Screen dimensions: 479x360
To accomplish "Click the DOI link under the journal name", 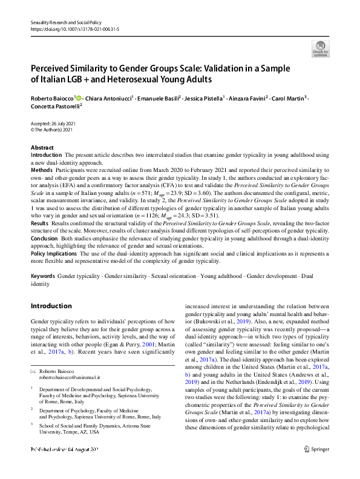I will click(x=70, y=29).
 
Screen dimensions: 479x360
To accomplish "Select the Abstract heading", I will click(x=42, y=148).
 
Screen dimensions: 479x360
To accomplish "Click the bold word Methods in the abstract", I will click(x=42, y=171).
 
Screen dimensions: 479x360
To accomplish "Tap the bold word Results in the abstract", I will click(x=41, y=224).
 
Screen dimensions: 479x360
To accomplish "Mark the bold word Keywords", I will click(x=43, y=276).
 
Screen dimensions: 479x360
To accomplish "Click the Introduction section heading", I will click(x=51, y=306).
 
